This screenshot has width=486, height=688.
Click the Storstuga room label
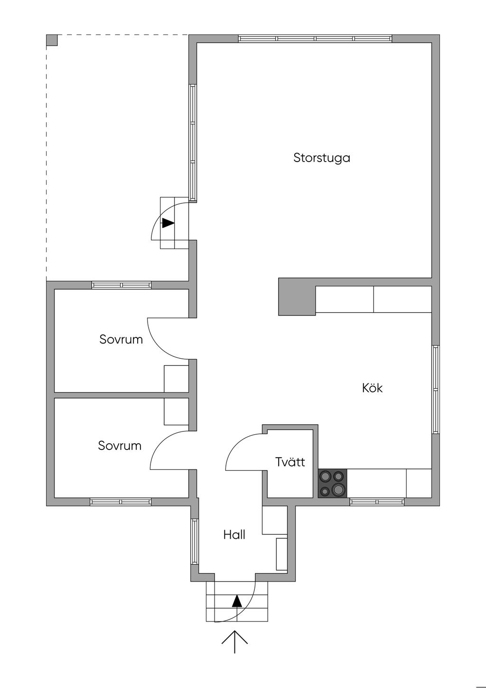pos(321,158)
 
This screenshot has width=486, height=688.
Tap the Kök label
pos(372,388)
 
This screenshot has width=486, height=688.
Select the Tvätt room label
pos(290,462)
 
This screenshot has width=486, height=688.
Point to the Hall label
pos(234,535)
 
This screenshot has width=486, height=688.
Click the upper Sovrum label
pos(121,339)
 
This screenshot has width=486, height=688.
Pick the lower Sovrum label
pos(120,446)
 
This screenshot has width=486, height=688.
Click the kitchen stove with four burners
pos(332,483)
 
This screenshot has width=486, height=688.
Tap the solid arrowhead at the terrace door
pos(168,223)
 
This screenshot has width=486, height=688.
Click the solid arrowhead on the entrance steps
pos(237,601)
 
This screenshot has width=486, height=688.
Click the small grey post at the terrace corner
pos(52,40)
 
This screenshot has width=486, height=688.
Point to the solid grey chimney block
pos(297,296)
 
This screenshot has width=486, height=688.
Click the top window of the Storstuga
pos(315,38)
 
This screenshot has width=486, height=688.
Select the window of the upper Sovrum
pos(121,285)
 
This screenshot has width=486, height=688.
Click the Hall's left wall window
pos(194,542)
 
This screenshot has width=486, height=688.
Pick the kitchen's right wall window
pos(436,390)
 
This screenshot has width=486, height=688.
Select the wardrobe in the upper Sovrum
pos(176,379)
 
